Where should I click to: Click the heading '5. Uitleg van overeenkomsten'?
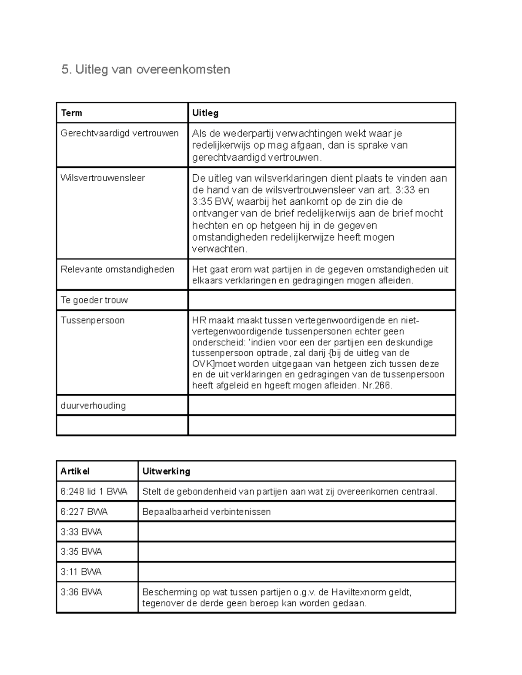point(146,70)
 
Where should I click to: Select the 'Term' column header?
point(72,113)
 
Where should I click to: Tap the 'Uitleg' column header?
point(205,113)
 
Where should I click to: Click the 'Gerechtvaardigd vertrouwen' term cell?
point(120,133)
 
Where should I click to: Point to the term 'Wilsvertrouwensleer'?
point(103,178)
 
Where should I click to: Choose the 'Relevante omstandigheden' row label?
point(117,269)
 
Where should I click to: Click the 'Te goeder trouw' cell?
point(94,300)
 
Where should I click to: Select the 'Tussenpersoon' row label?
point(93,320)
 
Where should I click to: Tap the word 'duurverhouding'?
point(94,406)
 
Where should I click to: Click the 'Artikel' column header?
point(75,471)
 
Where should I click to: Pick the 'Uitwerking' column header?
point(166,471)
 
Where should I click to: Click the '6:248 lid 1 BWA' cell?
point(94,492)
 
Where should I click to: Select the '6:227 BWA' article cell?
point(84,512)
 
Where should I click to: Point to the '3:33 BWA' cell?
point(81,532)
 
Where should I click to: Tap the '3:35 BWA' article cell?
point(81,552)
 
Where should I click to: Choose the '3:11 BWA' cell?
point(81,572)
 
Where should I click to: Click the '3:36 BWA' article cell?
point(81,592)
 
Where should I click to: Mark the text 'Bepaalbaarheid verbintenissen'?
point(207,512)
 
